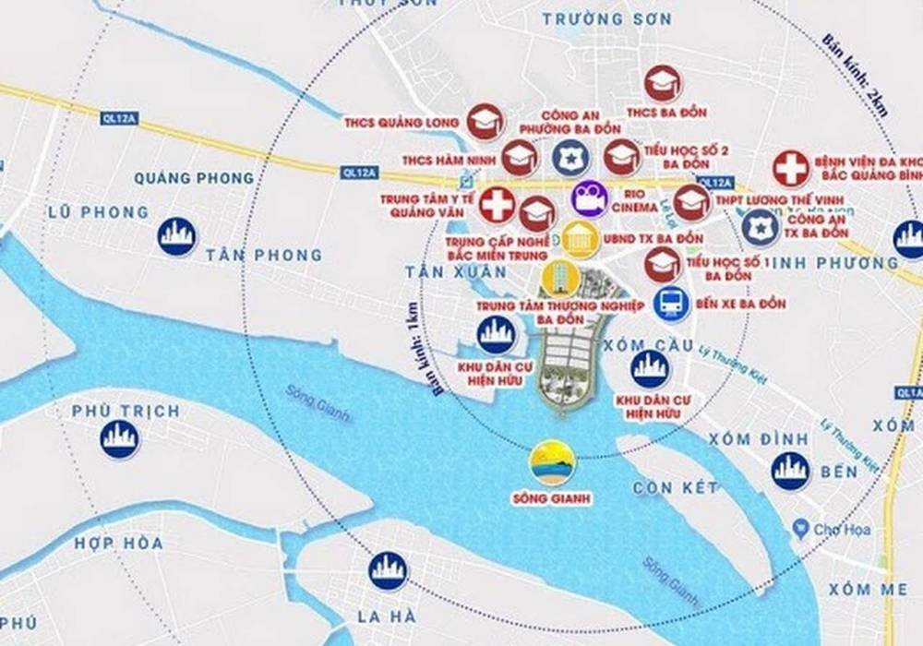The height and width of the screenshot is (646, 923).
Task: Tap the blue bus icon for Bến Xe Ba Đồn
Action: point(670,303)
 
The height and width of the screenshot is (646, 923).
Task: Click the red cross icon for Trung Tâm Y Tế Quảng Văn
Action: point(497,204)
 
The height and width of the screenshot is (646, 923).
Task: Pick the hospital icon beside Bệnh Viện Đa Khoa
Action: point(791,169)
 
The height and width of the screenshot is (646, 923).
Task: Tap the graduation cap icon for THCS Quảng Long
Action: point(484,121)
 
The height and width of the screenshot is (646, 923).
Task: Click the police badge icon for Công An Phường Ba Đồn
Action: point(569,158)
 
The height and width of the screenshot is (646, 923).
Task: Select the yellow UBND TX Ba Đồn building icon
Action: point(580,239)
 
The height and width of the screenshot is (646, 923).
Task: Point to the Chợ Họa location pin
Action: point(799,529)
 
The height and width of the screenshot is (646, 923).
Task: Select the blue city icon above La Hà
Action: point(389,570)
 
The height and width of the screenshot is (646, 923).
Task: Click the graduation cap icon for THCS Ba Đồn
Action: point(661,84)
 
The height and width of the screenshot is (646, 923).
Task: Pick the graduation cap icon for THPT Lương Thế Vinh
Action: point(691,202)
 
